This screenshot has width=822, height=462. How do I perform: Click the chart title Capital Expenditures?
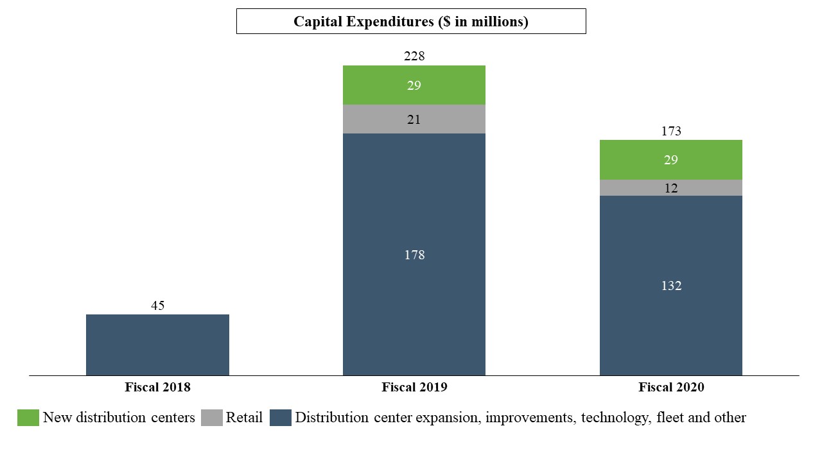[411, 22]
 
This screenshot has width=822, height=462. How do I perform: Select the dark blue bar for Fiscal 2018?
[157, 345]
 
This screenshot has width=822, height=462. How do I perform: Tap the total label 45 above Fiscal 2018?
[157, 305]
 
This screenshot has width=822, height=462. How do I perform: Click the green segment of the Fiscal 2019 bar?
[414, 85]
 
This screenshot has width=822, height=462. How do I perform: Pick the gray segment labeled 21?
[414, 119]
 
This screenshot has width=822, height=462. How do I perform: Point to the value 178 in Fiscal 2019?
[414, 255]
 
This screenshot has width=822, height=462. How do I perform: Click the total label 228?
[414, 56]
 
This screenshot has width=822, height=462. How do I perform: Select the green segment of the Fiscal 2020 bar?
[671, 160]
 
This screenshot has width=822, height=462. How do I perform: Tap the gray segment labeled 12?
[671, 188]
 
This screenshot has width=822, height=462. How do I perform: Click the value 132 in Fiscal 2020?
[671, 286]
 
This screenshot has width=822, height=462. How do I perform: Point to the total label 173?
[671, 132]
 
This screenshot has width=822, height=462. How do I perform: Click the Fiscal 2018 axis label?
[157, 388]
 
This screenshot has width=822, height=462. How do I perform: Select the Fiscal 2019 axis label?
[414, 388]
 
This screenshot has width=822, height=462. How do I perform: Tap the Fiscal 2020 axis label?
[671, 388]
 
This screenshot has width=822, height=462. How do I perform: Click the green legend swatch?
[28, 418]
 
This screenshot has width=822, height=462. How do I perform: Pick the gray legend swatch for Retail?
[211, 418]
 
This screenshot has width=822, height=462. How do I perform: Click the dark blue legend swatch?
[280, 418]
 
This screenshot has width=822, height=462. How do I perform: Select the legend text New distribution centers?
[119, 418]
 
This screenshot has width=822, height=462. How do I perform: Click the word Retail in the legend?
[244, 418]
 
